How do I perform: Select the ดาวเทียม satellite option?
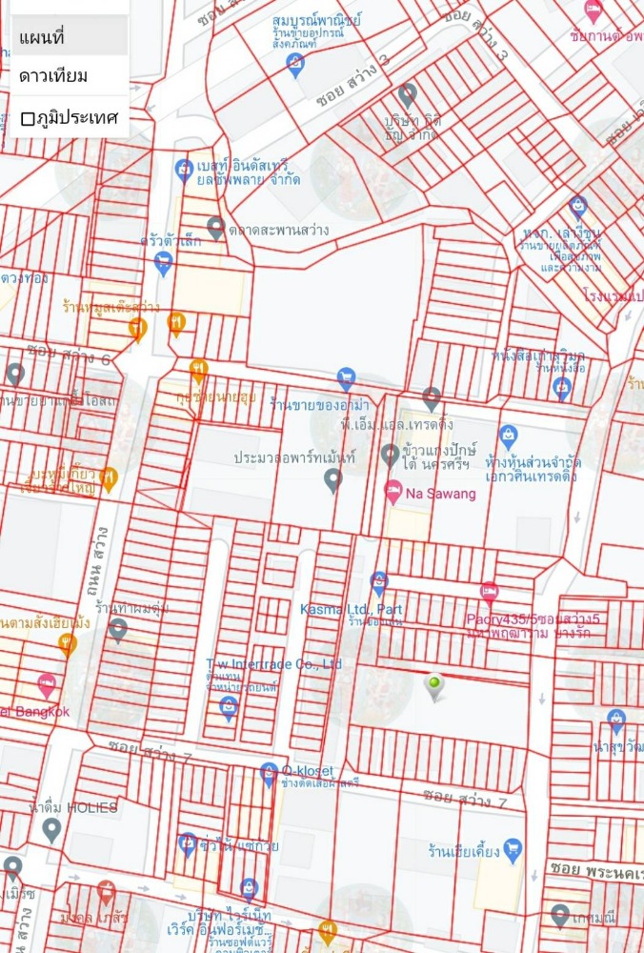pos(53,76)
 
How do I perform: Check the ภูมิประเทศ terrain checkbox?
pos(29,118)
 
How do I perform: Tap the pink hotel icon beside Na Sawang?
pos(392,492)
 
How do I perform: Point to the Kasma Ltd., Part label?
pos(352,609)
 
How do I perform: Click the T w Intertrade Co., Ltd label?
pos(273,663)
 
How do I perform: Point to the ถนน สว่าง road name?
pos(99,561)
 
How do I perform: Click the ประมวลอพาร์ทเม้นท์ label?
pos(294,457)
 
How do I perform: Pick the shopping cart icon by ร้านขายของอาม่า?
pos(346,378)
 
